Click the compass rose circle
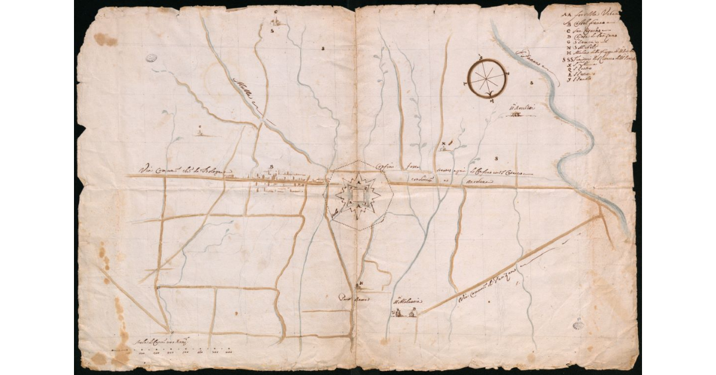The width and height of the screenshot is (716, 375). click(x=488, y=77)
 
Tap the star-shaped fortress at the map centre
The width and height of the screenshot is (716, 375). click(x=357, y=194)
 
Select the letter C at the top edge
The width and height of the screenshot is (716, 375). click(x=276, y=11)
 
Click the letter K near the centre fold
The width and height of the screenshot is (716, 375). click(x=360, y=283)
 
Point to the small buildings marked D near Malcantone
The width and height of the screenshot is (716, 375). click(x=403, y=311)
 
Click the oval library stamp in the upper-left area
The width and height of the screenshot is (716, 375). click(x=152, y=59)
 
